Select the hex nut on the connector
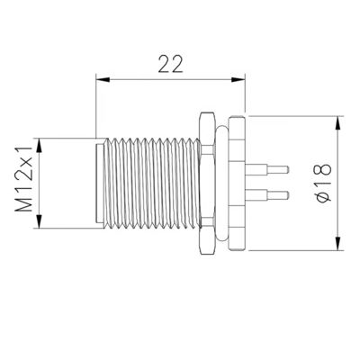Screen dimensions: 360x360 point(207,182)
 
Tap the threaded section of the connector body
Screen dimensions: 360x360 point(148,182)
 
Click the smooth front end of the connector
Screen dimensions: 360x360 point(101,182)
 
